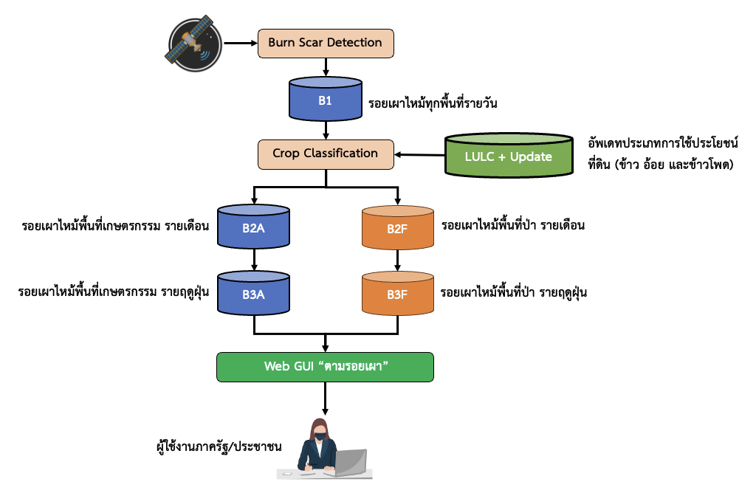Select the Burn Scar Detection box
tap(325, 43)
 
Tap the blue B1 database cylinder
tap(325, 100)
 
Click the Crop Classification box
tap(325, 154)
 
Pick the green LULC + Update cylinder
tap(509, 156)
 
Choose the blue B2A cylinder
tap(253, 227)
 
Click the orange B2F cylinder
tap(398, 227)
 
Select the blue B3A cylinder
tap(253, 293)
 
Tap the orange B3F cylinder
tap(398, 293)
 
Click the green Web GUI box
tap(325, 367)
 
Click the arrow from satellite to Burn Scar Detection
tap(239, 44)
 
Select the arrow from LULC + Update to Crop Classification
tap(420, 155)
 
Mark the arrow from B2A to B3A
tap(253, 260)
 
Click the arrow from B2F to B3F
tap(398, 260)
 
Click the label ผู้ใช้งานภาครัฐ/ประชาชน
tap(216, 447)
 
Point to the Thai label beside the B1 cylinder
tap(433, 103)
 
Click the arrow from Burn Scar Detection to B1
tap(325, 66)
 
